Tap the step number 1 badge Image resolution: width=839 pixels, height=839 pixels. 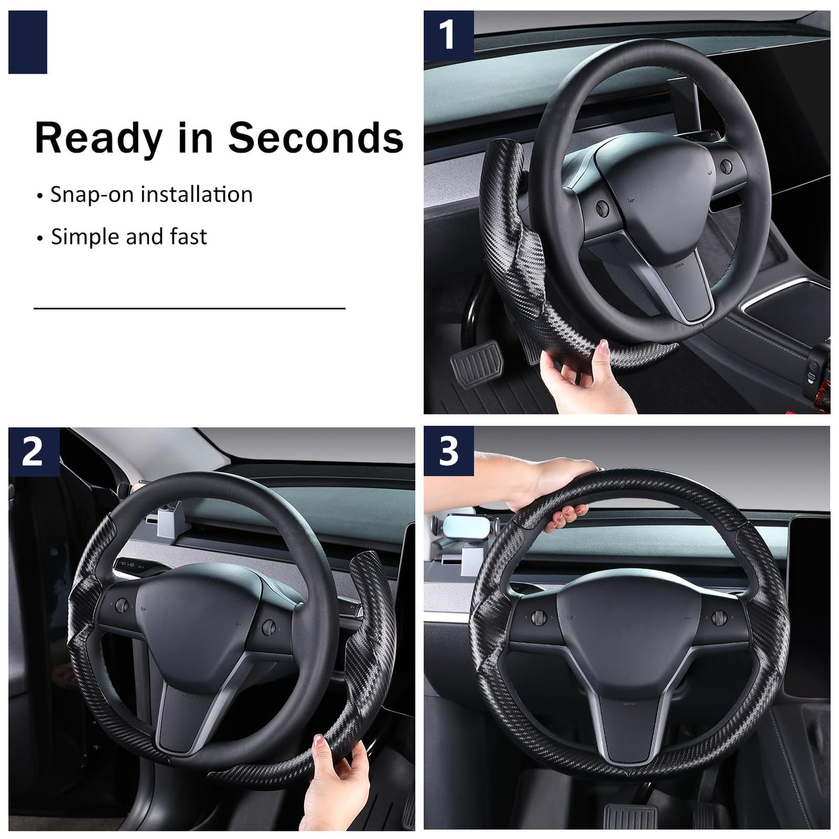[449, 36]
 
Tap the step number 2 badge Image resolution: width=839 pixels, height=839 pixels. [34, 452]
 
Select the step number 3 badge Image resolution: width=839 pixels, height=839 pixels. [449, 451]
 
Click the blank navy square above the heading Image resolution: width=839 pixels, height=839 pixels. [28, 42]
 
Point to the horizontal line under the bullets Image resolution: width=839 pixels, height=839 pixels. [189, 308]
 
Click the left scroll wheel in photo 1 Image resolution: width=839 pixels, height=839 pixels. [603, 208]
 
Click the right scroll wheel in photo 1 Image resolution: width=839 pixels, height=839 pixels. [726, 166]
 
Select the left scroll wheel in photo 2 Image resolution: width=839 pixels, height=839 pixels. [122, 605]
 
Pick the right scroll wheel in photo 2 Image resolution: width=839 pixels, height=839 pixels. [268, 628]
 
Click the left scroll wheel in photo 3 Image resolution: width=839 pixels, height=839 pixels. [539, 617]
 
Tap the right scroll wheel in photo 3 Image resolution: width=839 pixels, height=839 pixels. [719, 617]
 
